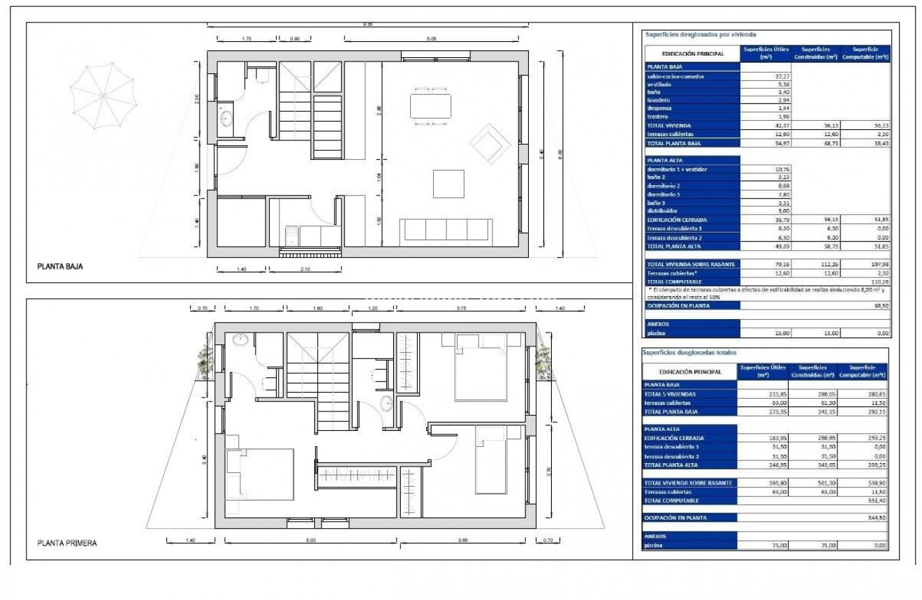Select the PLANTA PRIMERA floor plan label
pos(67,543)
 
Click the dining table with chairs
pos(430,106)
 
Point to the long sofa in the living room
pos(446,230)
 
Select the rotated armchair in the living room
pos(489,142)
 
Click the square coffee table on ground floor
pos(448,184)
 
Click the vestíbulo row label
pos(660,84)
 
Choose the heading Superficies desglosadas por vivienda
pos(701,34)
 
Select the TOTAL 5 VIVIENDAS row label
pos(671,394)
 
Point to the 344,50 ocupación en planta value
pos(876,518)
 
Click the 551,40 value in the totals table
pos(876,500)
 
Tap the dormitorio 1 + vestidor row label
pos(678,169)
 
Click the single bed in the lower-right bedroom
pos(491,461)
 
